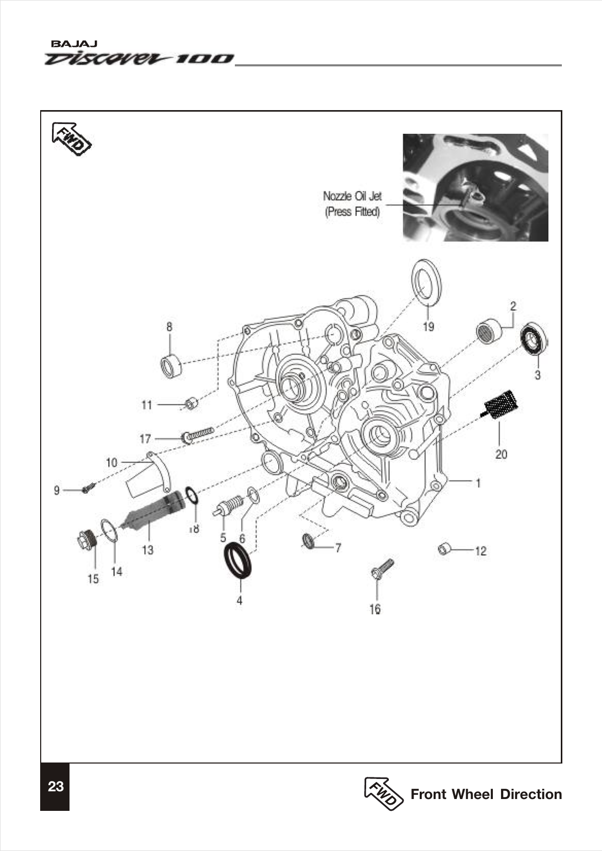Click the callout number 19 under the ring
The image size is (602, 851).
point(428,326)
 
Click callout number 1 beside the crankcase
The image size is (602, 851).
point(478,483)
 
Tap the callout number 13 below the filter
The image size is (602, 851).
point(148,550)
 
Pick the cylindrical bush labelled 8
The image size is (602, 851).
point(171,365)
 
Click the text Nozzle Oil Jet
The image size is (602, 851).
point(352,196)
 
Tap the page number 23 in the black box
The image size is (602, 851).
point(56,787)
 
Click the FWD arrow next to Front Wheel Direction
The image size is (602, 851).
point(384,793)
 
